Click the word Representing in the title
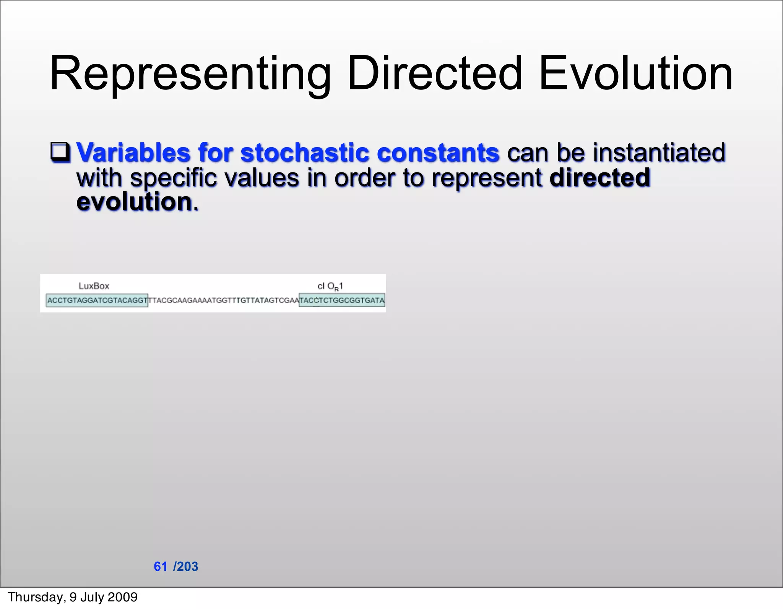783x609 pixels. pos(190,73)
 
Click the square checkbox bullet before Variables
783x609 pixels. pos(60,152)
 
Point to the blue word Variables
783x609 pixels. pos(133,152)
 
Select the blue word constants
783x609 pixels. pos(438,152)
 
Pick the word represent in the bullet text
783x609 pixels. pos(487,178)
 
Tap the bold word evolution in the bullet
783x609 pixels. pos(134,201)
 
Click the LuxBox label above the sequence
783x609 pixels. pos(94,286)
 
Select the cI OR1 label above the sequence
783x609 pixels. pos(330,286)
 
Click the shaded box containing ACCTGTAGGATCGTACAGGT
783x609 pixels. pos(97,300)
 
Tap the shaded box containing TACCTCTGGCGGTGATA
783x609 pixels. pos(342,300)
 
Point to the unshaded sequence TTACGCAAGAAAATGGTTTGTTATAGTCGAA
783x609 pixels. pos(223,300)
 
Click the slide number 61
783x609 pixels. pos(161,567)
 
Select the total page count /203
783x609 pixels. pos(186,567)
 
